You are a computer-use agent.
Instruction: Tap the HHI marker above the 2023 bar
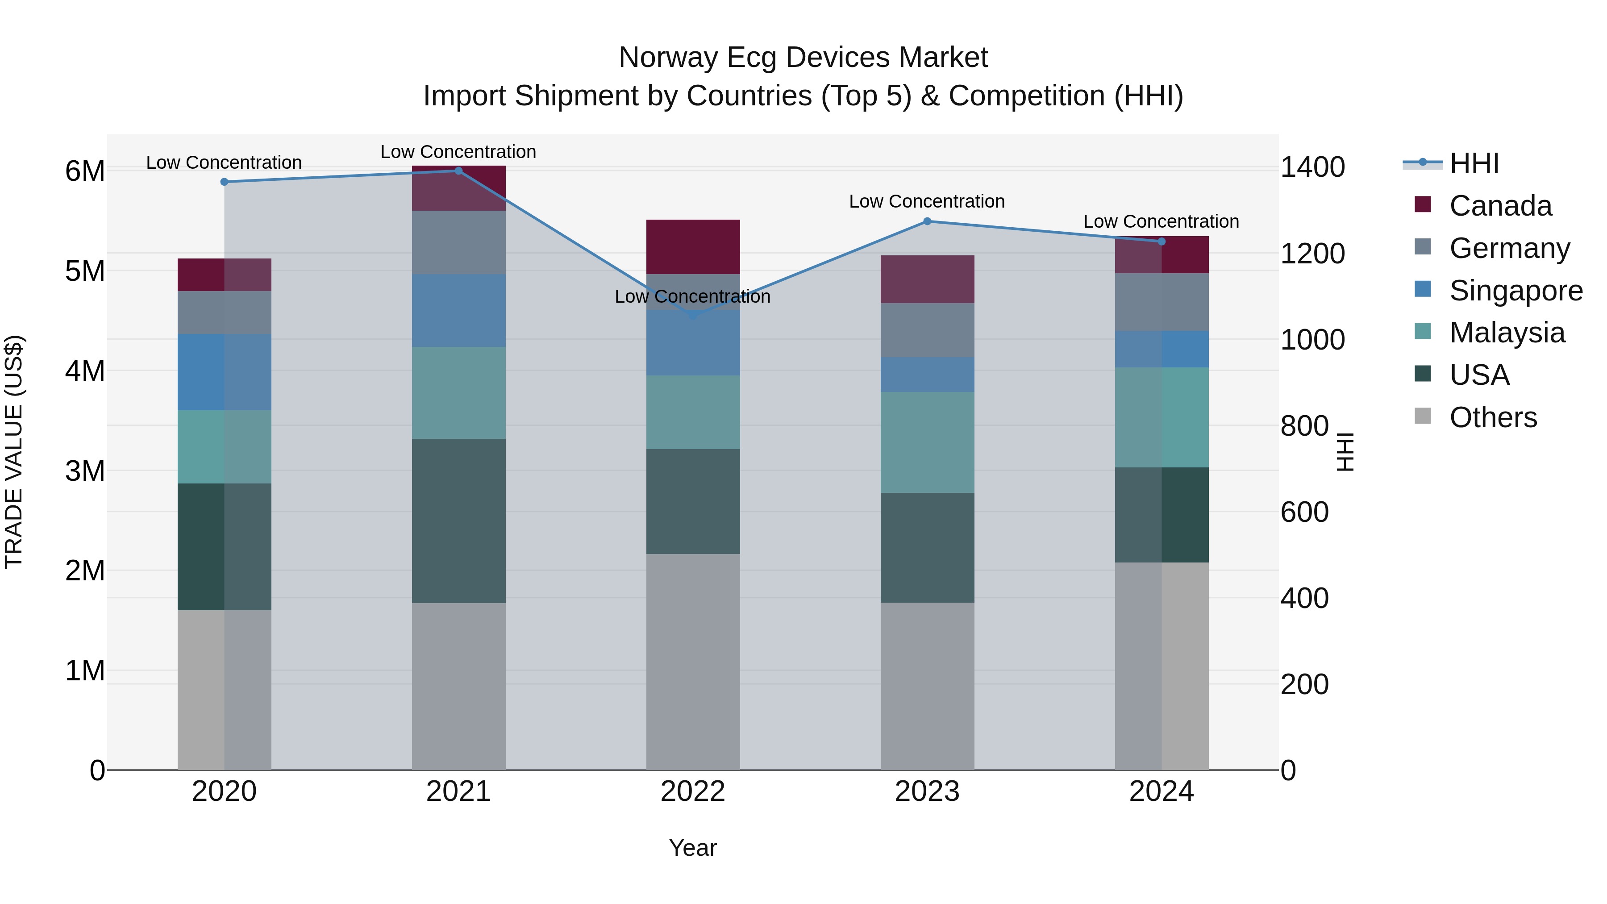[x=927, y=221]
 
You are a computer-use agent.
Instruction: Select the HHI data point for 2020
[x=225, y=182]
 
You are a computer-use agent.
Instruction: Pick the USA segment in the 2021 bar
[x=458, y=521]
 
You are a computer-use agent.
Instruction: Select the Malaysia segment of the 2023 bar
[x=927, y=442]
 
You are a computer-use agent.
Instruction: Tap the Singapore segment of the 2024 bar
[x=1162, y=350]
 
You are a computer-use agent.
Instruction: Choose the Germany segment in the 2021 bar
[x=458, y=243]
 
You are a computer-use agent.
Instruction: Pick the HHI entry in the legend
[x=1474, y=163]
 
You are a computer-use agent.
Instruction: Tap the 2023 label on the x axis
[x=927, y=792]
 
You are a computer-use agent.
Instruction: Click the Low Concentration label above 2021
[x=458, y=152]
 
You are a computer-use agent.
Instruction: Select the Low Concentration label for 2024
[x=1161, y=221]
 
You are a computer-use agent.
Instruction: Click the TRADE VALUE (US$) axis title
[x=14, y=452]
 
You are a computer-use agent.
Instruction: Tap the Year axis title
[x=692, y=848]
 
